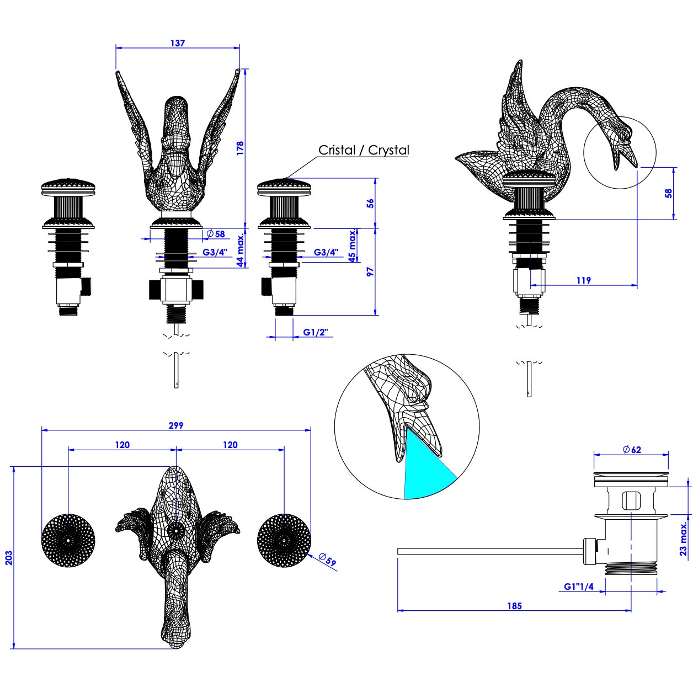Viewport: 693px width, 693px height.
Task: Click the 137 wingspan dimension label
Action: (x=178, y=43)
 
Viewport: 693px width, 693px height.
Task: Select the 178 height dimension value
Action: (x=240, y=148)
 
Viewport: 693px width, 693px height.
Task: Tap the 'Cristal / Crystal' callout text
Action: (x=364, y=150)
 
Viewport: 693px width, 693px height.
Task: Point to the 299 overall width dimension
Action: (x=176, y=425)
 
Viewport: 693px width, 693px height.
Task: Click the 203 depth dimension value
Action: (x=8, y=557)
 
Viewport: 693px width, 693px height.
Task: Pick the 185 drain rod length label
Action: (x=514, y=605)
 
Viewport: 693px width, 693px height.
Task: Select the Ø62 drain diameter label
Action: (x=631, y=449)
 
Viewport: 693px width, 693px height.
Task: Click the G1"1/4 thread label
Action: (x=578, y=587)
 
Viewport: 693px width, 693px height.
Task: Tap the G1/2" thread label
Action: (x=316, y=332)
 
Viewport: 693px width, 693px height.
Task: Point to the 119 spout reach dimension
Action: (x=583, y=280)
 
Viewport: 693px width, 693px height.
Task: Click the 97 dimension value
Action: (x=371, y=271)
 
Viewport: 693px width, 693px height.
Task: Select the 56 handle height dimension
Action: (x=371, y=202)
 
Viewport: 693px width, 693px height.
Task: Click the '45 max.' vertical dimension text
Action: (x=352, y=246)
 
